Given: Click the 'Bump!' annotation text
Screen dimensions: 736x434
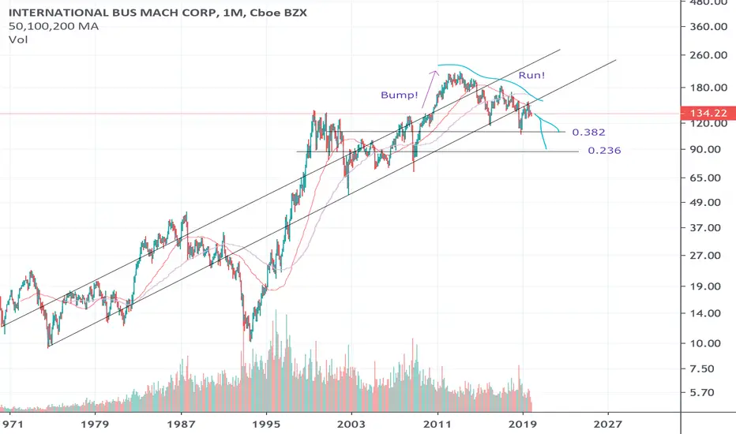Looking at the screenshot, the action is (399, 95).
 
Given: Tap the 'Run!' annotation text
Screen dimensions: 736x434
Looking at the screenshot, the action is (531, 75).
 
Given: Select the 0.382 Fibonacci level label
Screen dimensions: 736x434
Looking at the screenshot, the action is (588, 133).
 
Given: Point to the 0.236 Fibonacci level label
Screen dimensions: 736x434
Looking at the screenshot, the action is (605, 151).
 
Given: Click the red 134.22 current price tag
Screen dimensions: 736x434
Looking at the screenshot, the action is (708, 113).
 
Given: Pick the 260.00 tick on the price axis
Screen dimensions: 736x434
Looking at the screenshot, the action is (709, 55).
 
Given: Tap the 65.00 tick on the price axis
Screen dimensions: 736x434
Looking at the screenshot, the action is (712, 178).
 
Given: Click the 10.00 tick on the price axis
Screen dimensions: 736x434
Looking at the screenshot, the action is (712, 343).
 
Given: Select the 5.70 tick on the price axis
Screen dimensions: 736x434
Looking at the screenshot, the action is (715, 393).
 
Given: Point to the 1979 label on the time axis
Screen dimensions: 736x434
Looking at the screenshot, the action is (95, 425).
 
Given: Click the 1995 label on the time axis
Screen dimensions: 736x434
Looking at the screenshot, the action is (267, 425).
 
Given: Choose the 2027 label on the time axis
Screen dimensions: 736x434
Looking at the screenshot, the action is (608, 425).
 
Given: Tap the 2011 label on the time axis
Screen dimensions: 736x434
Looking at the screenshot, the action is (437, 425).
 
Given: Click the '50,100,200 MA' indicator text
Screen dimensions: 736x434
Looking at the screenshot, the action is (54, 26).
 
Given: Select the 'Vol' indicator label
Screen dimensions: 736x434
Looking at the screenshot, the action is (18, 40).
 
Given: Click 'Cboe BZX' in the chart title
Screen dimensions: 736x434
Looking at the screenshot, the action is (278, 13).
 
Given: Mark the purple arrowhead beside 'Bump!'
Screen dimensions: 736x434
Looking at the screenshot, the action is (435, 73).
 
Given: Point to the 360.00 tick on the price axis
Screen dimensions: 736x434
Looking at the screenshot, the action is (709, 27).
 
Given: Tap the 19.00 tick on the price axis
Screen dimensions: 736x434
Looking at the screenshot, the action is (712, 286).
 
